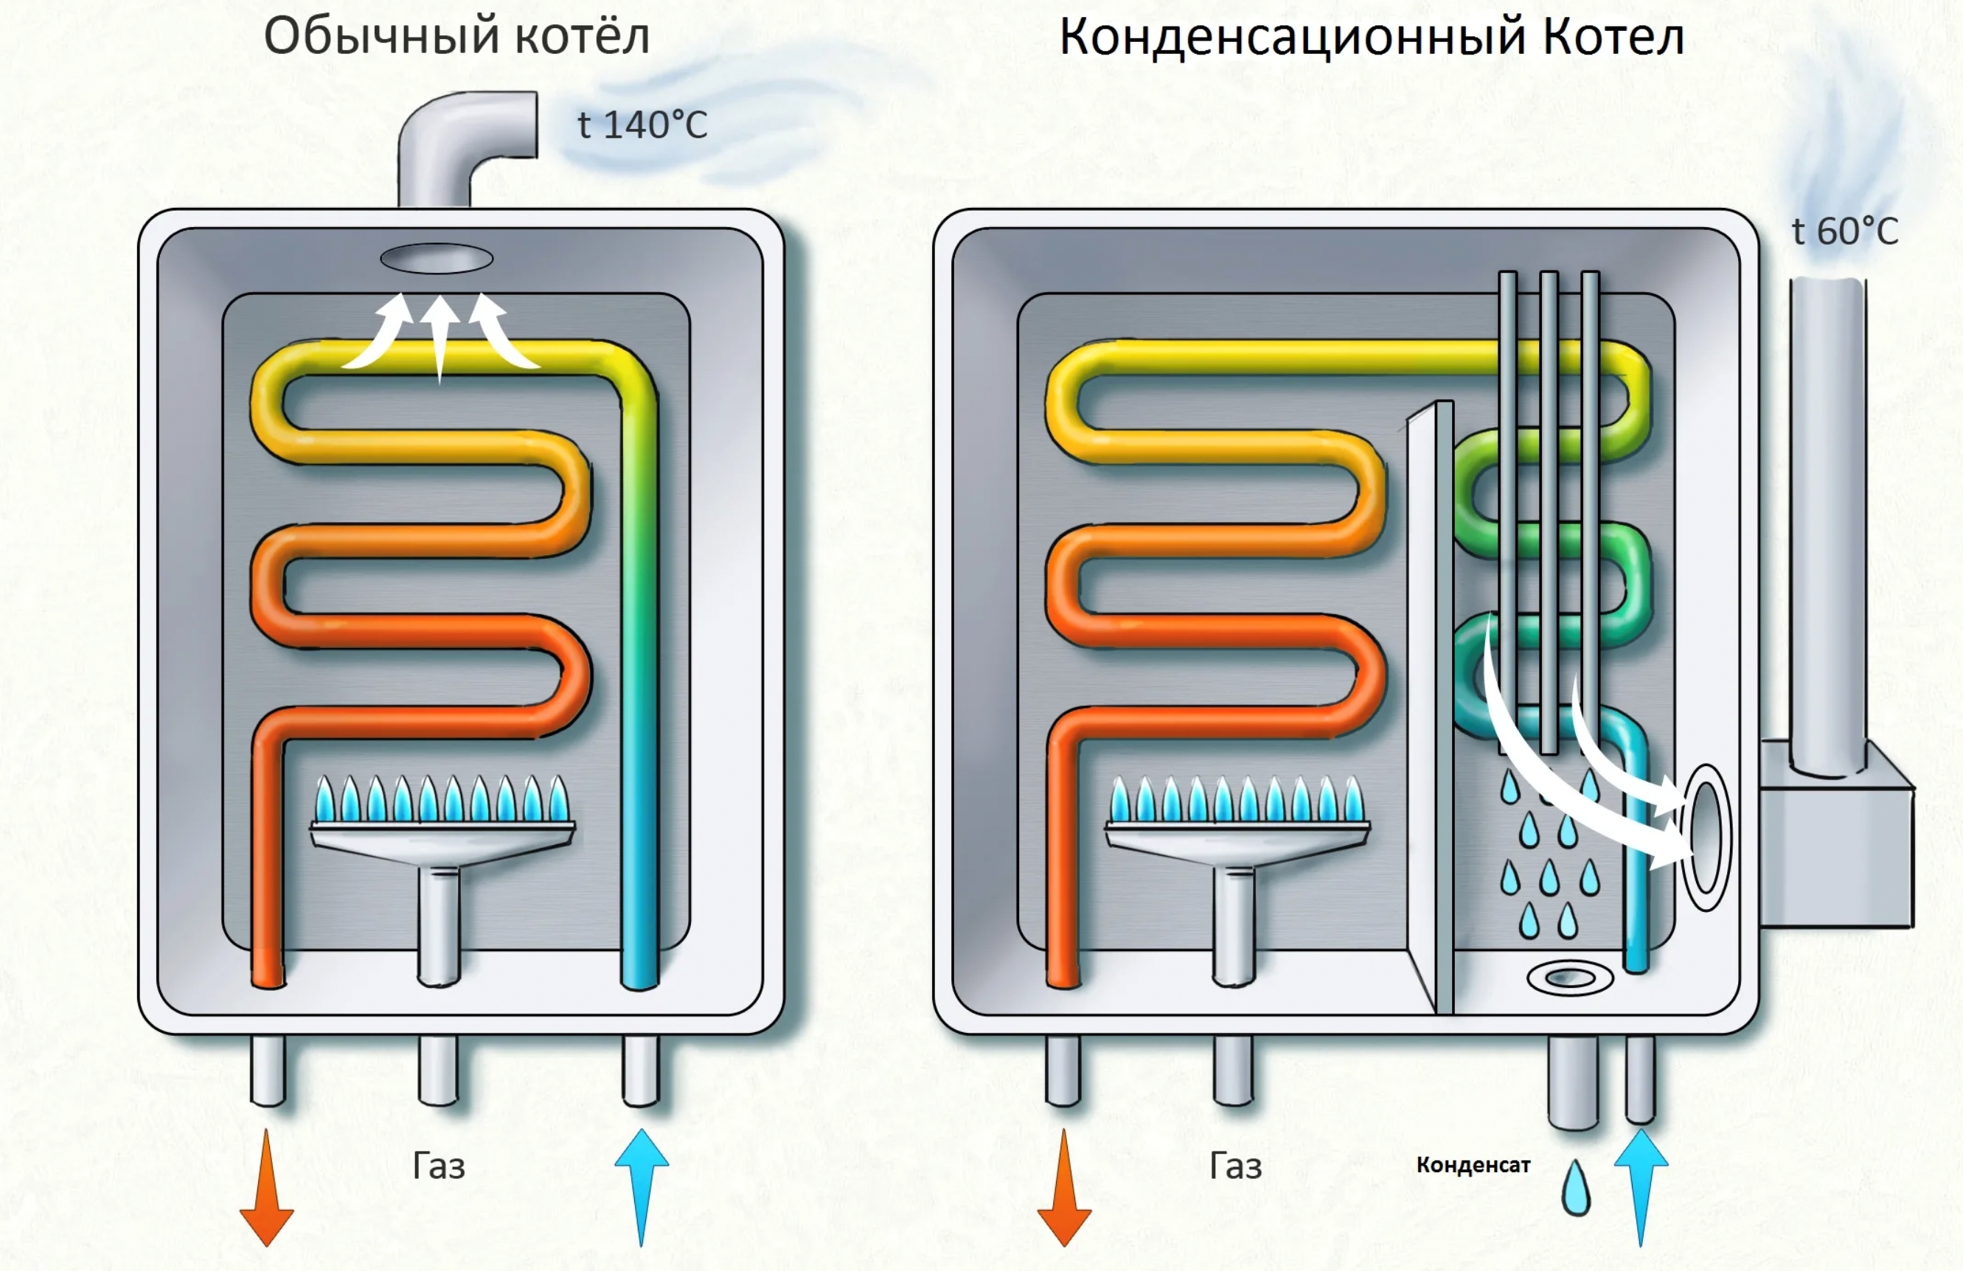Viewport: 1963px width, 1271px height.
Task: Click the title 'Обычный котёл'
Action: point(456,37)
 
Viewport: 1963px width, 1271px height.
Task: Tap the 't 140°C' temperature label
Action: point(642,125)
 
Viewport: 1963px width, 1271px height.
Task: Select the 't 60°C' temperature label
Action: point(1844,231)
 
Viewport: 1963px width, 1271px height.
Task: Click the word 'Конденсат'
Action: point(1473,1165)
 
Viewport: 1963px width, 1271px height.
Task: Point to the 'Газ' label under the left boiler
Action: point(438,1166)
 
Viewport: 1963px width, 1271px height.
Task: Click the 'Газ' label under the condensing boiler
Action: point(1234,1166)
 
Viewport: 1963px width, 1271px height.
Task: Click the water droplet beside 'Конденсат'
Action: point(1576,1188)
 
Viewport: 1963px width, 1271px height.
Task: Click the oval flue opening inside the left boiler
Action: point(437,259)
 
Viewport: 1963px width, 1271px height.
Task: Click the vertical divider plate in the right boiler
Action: point(1431,709)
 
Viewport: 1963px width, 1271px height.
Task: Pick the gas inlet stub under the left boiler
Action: point(437,1070)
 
